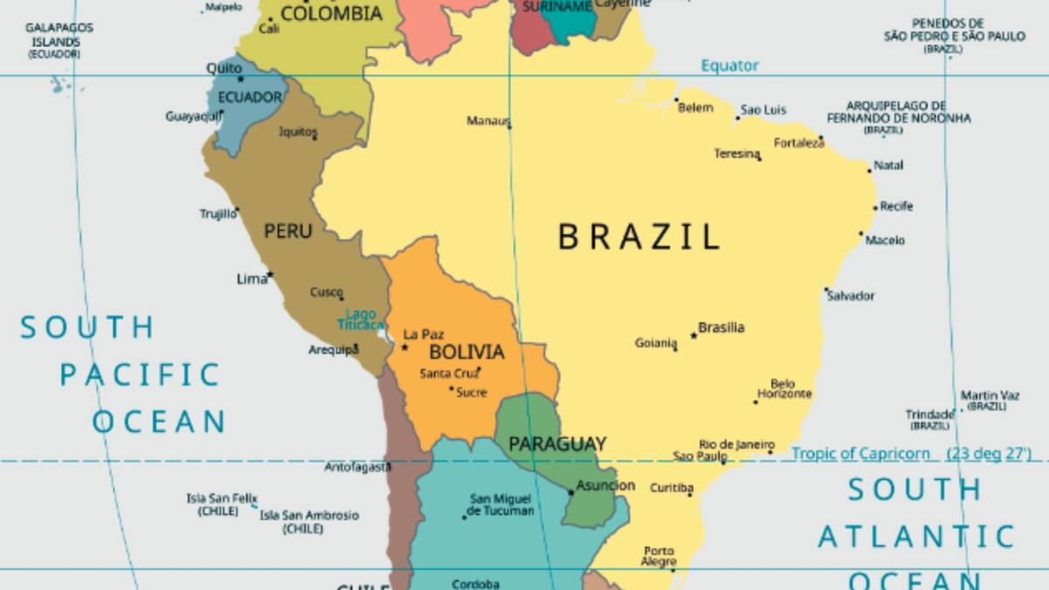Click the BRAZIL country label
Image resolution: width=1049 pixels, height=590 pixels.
tap(639, 237)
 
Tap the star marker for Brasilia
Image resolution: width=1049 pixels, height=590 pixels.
tap(693, 335)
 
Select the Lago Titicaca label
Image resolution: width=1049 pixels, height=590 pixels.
tap(361, 319)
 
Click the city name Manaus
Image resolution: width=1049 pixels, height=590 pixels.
tap(487, 121)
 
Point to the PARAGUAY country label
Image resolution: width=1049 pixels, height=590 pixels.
tap(557, 444)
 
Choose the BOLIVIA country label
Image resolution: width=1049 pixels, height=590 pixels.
tap(467, 352)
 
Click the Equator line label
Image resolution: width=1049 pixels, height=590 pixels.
tap(730, 66)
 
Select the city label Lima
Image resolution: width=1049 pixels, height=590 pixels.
tap(252, 279)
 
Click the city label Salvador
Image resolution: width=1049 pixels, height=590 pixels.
tap(851, 295)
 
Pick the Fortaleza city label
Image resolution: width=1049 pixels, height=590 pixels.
tap(798, 142)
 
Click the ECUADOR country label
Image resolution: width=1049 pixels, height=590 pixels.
tap(249, 97)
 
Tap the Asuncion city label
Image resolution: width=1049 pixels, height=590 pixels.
tap(606, 485)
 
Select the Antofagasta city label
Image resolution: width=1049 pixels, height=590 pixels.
tap(358, 467)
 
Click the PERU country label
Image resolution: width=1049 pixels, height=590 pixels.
tap(288, 232)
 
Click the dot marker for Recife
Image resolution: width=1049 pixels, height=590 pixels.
tap(875, 208)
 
